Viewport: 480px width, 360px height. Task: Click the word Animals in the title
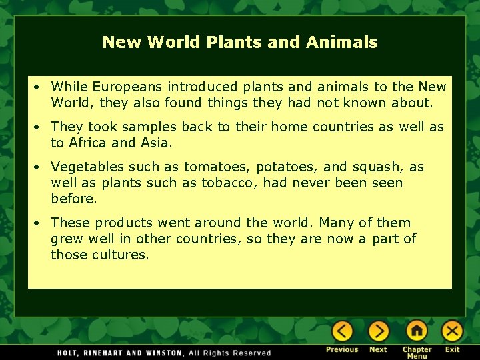pyautogui.click(x=341, y=43)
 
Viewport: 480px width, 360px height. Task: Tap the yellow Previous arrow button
pyautogui.click(x=342, y=331)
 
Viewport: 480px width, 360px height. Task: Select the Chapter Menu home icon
pyautogui.click(x=417, y=331)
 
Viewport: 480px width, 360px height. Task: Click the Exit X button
pyautogui.click(x=452, y=331)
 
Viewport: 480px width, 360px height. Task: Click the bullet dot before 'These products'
pyautogui.click(x=40, y=223)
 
